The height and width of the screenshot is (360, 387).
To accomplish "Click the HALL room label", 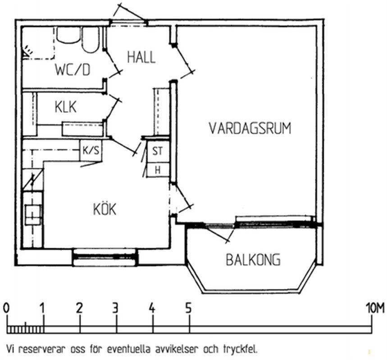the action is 141,57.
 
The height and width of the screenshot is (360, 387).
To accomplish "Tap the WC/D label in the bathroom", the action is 73,70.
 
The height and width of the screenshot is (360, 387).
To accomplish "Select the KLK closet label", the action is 65,107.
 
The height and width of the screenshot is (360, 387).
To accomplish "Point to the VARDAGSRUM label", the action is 250,128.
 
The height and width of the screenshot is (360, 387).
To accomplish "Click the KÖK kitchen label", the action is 105,209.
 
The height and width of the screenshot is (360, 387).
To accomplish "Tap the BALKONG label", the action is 253,259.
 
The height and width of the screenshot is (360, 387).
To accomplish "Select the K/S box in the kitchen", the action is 91,150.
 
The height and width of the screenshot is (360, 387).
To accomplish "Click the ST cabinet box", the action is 158,151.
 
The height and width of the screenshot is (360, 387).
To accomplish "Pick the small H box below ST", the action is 158,170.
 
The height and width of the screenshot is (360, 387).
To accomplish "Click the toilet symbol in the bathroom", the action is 91,40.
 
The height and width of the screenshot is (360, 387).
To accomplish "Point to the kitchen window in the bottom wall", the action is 105,257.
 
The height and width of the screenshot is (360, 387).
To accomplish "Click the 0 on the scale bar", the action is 6,309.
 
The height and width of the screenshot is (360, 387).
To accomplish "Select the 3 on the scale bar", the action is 115,308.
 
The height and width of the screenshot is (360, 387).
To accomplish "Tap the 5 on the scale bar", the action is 188,308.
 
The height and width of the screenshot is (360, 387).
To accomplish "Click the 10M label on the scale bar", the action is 376,308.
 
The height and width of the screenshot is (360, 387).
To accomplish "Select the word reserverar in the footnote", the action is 42,349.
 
